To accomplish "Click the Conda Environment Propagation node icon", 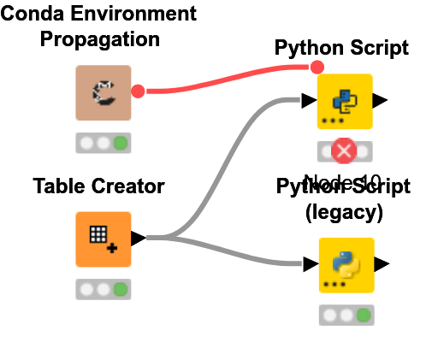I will [103, 93].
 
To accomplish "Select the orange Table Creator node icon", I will [103, 239].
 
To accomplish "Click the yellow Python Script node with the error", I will [345, 101].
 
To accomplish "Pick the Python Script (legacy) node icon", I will [346, 265].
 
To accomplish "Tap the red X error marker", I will [344, 151].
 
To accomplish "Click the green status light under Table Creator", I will [120, 289].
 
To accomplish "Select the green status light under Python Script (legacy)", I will [364, 315].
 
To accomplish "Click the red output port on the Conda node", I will [138, 90].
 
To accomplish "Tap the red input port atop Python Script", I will [317, 67].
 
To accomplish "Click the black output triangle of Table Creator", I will [137, 237].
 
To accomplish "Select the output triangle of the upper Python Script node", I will [381, 101].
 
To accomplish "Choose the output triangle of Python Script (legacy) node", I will [382, 264].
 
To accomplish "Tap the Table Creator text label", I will [98, 186].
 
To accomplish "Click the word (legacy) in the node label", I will [344, 211].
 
